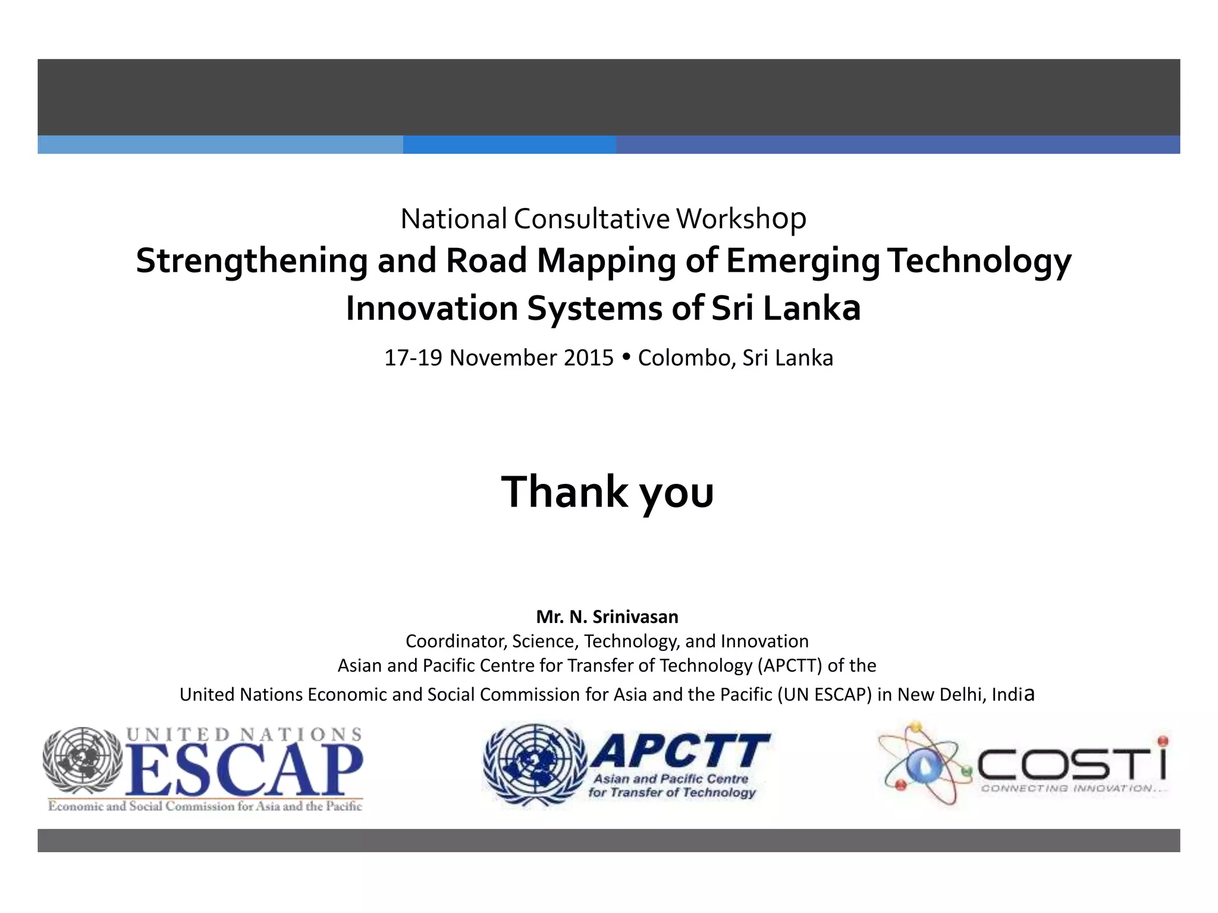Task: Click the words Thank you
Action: pos(607,492)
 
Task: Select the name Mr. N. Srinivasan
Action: pos(607,617)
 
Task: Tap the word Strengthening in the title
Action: pos(252,261)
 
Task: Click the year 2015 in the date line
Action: pos(588,358)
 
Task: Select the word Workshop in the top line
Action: pos(741,219)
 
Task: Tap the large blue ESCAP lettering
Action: pos(244,770)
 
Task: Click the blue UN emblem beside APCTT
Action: pos(535,764)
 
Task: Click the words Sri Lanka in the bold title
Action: pos(786,308)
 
